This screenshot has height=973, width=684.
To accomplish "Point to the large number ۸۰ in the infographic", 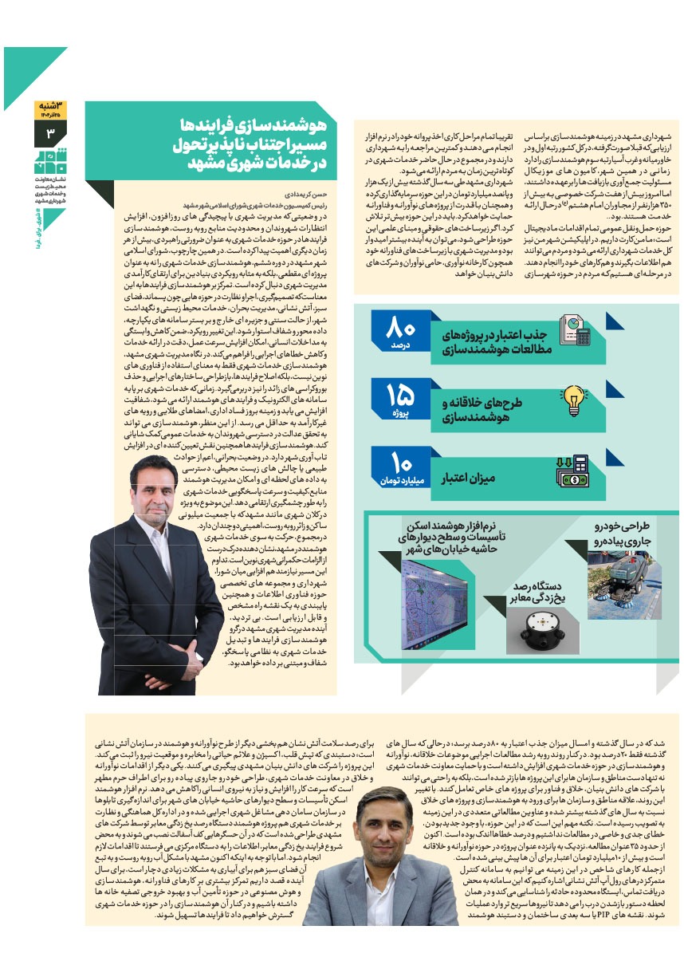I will coord(400,328).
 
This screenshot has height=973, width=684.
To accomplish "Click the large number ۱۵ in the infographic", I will coord(400,396).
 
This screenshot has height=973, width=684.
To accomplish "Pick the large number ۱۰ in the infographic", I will coord(400,463).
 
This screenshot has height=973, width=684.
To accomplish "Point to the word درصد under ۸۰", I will coord(399,347).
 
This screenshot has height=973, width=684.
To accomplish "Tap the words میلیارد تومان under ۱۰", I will coord(399,483).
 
